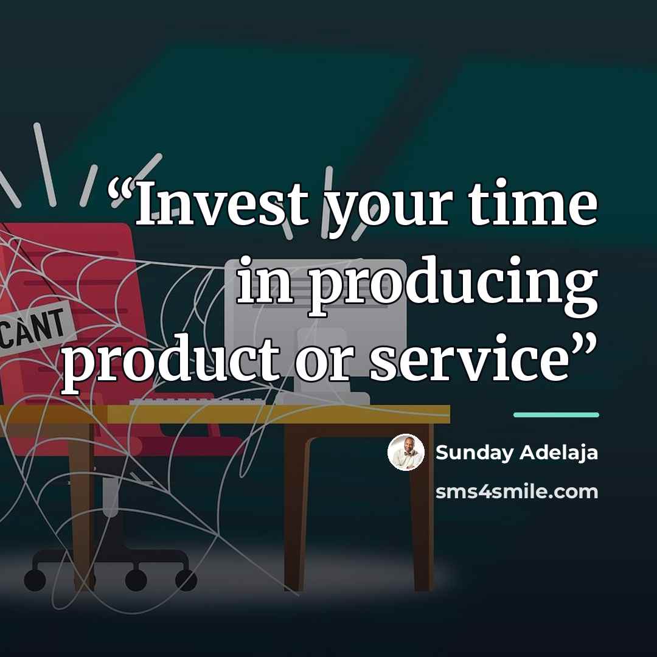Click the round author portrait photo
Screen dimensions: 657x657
point(406,452)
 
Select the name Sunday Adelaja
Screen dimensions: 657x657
point(516,453)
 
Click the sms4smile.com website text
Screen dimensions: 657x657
point(516,492)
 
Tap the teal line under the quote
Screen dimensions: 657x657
point(557,415)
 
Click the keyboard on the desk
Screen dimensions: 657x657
point(197,402)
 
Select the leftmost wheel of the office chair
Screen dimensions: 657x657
point(35,580)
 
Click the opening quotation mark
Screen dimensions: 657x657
point(122,193)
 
